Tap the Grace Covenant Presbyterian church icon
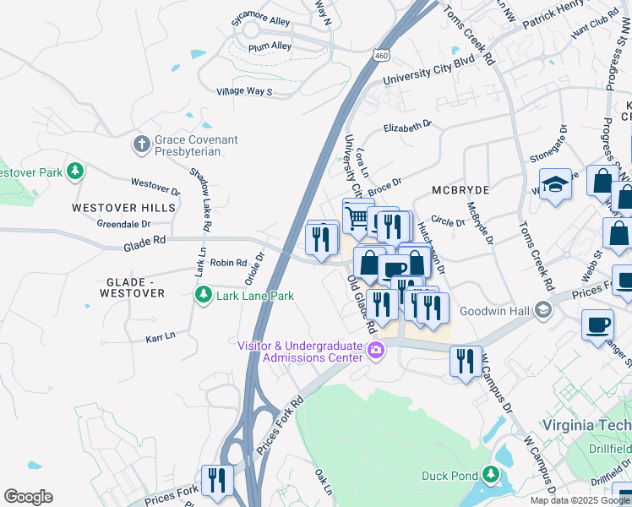142,144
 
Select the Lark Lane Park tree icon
203,296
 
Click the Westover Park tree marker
75,172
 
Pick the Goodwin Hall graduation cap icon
543,311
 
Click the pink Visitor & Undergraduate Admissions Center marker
376,351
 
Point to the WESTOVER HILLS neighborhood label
123,207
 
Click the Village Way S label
244,90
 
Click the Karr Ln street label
160,335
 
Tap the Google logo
28,497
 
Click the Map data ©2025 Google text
580,500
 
